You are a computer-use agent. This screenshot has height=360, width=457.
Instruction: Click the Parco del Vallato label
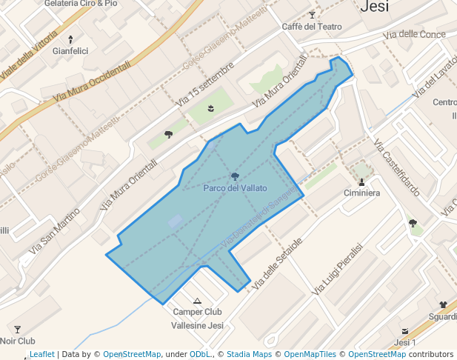pyautogui.click(x=235, y=188)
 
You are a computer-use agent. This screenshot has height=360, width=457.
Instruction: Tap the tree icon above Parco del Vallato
pyautogui.click(x=235, y=176)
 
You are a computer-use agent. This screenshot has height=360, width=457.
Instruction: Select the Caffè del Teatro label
pyautogui.click(x=312, y=27)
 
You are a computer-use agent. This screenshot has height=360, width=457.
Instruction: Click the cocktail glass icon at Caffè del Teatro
pyautogui.click(x=312, y=15)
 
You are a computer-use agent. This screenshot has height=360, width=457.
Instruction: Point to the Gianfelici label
pyautogui.click(x=70, y=51)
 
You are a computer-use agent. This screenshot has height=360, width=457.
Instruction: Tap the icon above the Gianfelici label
pyautogui.click(x=70, y=39)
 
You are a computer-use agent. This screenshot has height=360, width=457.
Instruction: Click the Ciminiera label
pyautogui.click(x=361, y=193)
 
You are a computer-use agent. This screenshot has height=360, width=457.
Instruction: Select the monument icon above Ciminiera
pyautogui.click(x=361, y=181)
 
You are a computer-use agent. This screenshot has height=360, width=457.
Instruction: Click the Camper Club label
pyautogui.click(x=197, y=312)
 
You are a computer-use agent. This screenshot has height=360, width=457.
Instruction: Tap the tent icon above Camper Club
pyautogui.click(x=197, y=301)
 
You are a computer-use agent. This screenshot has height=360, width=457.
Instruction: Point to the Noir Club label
pyautogui.click(x=18, y=341)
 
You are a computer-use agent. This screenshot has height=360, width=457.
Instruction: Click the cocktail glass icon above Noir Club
pyautogui.click(x=18, y=329)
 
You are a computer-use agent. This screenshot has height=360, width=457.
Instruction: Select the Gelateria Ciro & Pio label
pyautogui.click(x=81, y=4)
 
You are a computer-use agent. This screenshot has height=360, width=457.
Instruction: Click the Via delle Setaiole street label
pyautogui.click(x=278, y=263)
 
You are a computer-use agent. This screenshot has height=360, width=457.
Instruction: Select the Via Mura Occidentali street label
pyautogui.click(x=93, y=81)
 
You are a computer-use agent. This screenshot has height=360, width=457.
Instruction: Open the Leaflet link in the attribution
pyautogui.click(x=41, y=354)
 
